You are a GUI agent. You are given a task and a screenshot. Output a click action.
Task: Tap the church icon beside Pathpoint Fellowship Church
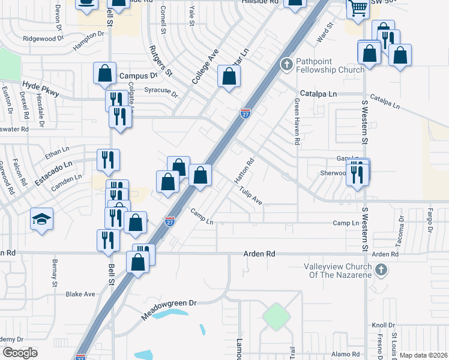[287, 64]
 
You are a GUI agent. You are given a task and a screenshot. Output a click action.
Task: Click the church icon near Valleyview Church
[380, 271]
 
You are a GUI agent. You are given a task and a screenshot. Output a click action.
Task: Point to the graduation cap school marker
[42, 220]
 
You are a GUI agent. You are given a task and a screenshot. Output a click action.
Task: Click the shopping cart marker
[358, 9]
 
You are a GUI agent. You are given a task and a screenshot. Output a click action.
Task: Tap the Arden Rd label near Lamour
[259, 254]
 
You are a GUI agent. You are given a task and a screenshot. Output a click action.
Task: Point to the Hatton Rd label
[244, 170]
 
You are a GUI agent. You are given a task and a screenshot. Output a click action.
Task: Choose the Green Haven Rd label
[297, 122]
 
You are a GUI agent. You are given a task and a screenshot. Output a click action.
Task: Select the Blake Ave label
[80, 294]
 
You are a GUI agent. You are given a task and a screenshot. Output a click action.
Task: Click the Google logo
[20, 353]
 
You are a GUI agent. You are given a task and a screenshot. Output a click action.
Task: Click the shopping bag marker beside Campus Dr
[105, 73]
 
